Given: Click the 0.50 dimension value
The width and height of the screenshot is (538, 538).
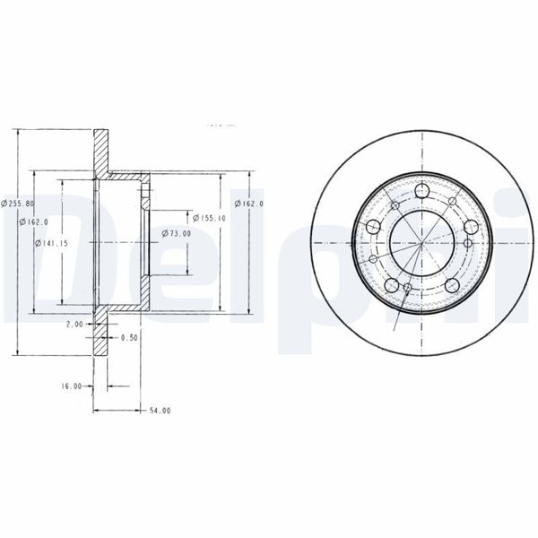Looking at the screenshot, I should tap(129, 337).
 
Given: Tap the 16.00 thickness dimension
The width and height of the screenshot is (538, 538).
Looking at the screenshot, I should tap(73, 386).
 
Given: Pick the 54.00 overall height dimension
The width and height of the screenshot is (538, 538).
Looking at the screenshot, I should tap(159, 410).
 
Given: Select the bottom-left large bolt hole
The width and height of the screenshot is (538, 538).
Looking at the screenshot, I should tap(391, 285).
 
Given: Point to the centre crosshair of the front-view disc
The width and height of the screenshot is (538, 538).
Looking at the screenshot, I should tap(421, 242).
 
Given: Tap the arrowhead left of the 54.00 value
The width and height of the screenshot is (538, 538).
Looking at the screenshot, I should tap(99, 410).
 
